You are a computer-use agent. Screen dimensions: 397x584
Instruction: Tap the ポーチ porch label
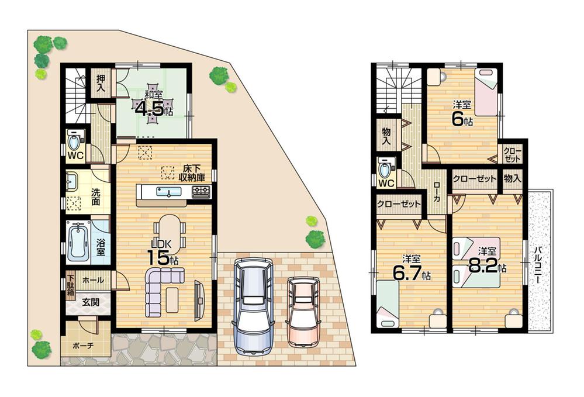pos(82,346)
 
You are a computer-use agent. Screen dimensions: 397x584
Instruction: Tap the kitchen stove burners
pos(201,191)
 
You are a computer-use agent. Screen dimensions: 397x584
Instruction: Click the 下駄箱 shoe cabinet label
pos(70,285)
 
